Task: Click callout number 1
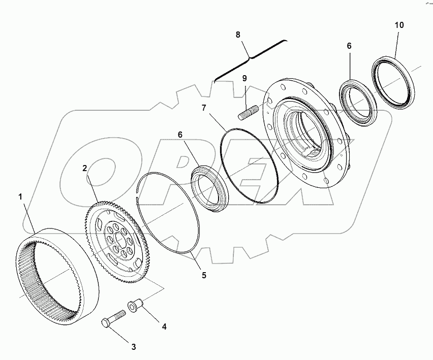click(21, 196)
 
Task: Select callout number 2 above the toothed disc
click(85, 168)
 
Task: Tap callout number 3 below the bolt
click(133, 347)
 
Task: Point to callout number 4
click(164, 327)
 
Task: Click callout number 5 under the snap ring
click(203, 276)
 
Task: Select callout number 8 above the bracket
click(238, 35)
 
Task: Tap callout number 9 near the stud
click(244, 78)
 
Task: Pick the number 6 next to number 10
click(349, 45)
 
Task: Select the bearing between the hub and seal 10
click(358, 101)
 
